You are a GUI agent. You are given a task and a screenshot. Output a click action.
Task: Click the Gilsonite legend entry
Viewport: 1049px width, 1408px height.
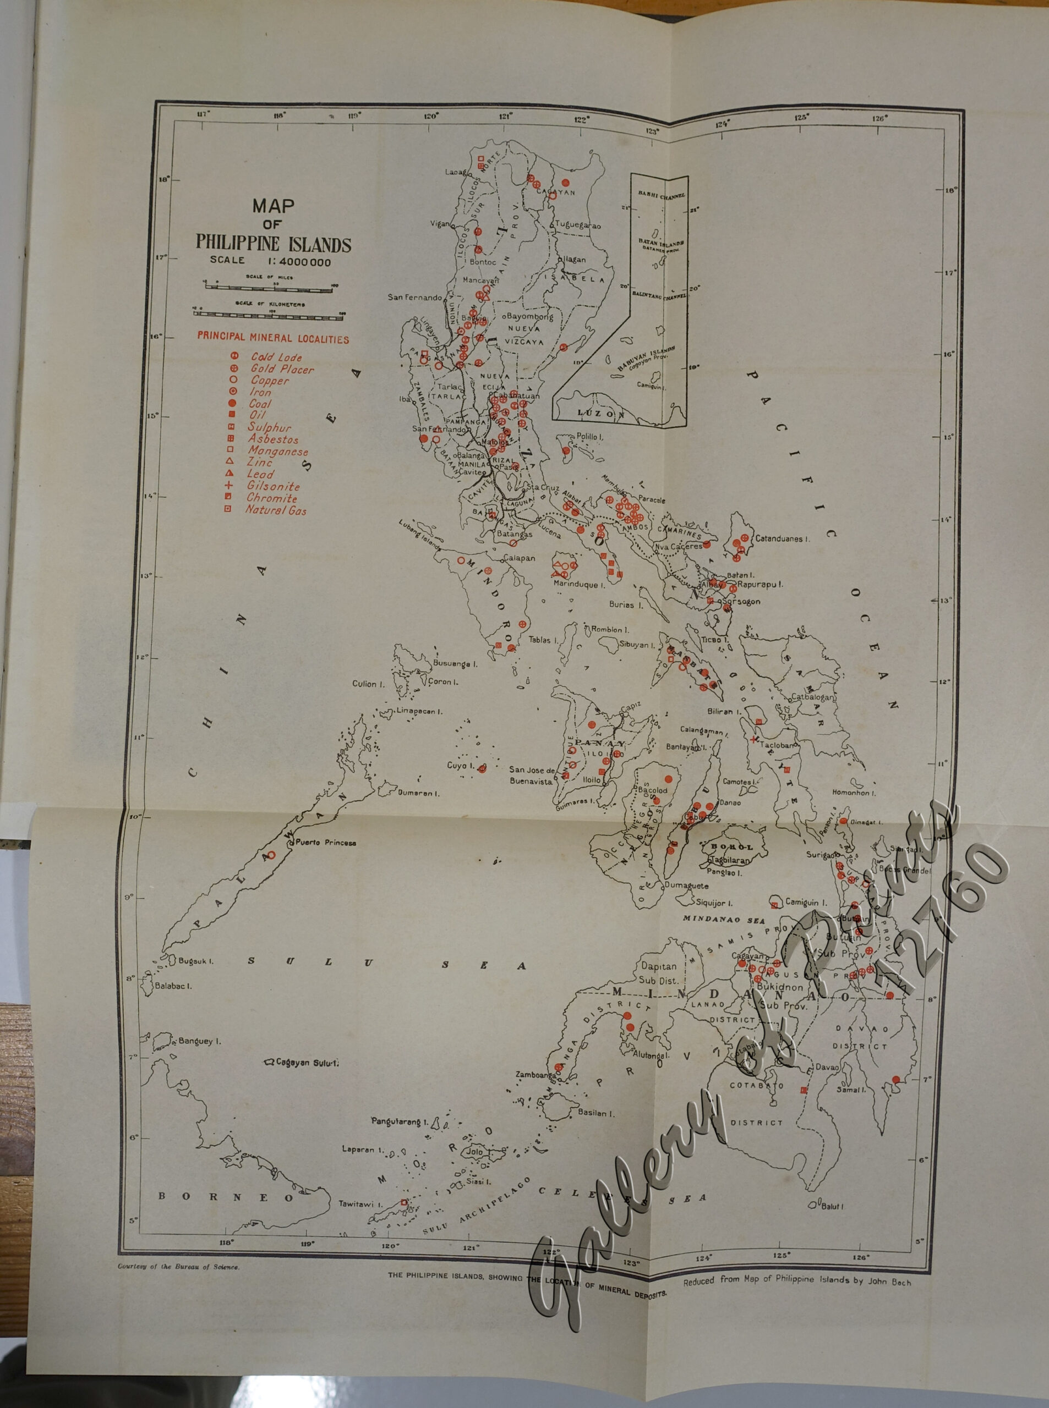click(273, 486)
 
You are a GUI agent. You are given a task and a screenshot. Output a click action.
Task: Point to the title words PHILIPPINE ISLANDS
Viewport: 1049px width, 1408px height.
click(273, 244)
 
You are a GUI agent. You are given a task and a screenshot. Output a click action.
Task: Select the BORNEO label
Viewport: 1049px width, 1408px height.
click(226, 1197)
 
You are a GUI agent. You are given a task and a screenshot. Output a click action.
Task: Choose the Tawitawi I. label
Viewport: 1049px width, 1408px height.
click(359, 1203)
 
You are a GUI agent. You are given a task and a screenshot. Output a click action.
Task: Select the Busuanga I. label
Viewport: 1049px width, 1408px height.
click(455, 664)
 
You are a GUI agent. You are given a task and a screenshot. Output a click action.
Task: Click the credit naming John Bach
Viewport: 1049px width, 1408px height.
click(796, 1279)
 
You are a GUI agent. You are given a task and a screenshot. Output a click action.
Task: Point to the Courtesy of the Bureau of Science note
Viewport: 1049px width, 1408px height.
click(178, 1267)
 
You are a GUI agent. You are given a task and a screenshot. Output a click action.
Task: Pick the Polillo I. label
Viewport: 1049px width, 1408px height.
click(590, 437)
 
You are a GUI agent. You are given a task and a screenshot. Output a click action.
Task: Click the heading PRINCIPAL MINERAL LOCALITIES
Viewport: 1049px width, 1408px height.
click(272, 338)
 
